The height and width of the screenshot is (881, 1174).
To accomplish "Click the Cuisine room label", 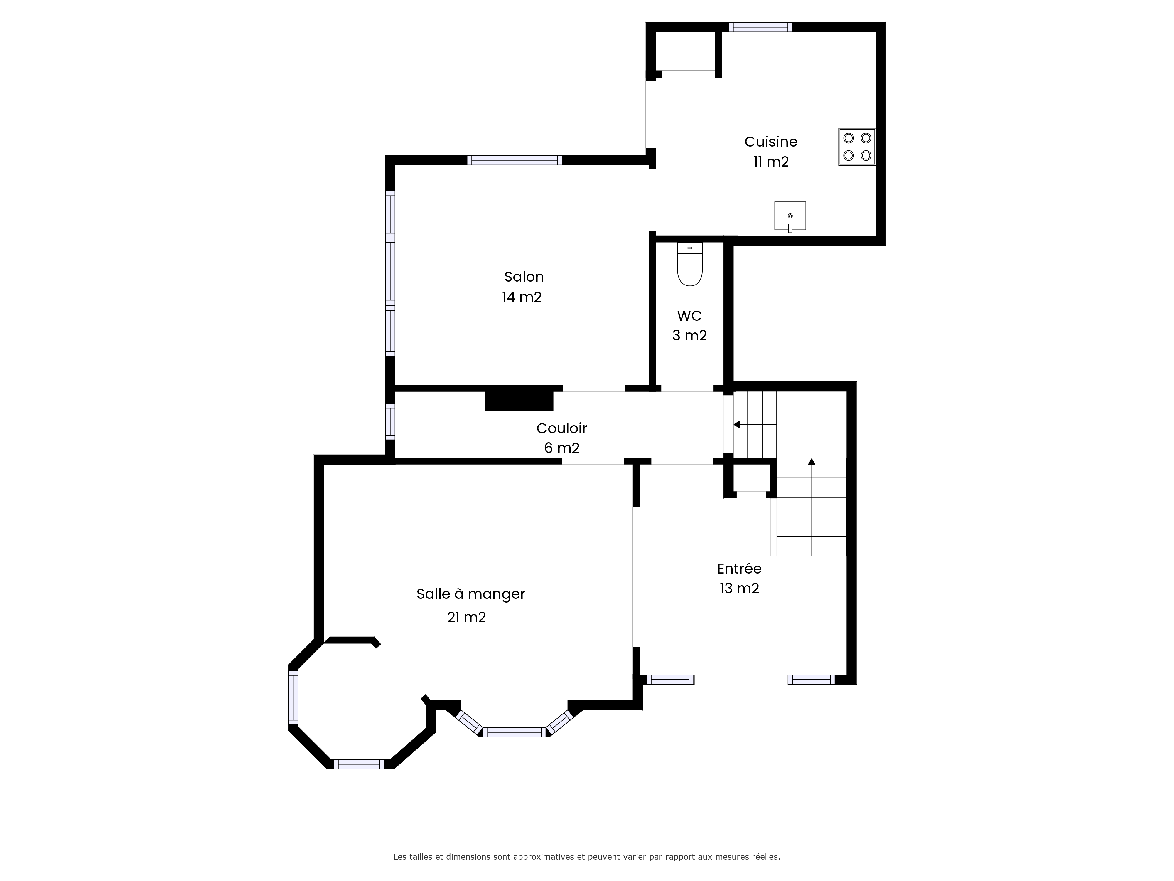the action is click(x=771, y=142).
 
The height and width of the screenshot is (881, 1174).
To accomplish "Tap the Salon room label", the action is click(x=524, y=277).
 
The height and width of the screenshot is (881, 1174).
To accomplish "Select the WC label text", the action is click(x=689, y=316).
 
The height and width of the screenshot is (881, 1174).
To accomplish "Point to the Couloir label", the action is click(x=561, y=428).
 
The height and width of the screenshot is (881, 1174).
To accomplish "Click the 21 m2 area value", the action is click(x=467, y=617).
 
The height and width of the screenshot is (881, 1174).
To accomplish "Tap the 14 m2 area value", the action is click(x=522, y=297).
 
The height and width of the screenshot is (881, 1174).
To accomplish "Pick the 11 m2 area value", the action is click(x=771, y=162).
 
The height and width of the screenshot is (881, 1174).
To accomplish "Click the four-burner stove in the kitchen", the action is click(x=857, y=147).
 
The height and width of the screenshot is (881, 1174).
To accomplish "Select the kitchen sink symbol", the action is click(x=790, y=216).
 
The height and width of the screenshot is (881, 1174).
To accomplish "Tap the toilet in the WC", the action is click(x=690, y=264).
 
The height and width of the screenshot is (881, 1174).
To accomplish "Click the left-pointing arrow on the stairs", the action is click(x=755, y=424).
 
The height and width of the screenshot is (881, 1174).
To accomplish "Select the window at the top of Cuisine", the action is click(x=760, y=27).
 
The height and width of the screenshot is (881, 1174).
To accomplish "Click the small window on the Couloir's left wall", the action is click(x=390, y=422).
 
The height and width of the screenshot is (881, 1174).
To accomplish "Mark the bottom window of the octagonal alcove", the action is click(x=359, y=764).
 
